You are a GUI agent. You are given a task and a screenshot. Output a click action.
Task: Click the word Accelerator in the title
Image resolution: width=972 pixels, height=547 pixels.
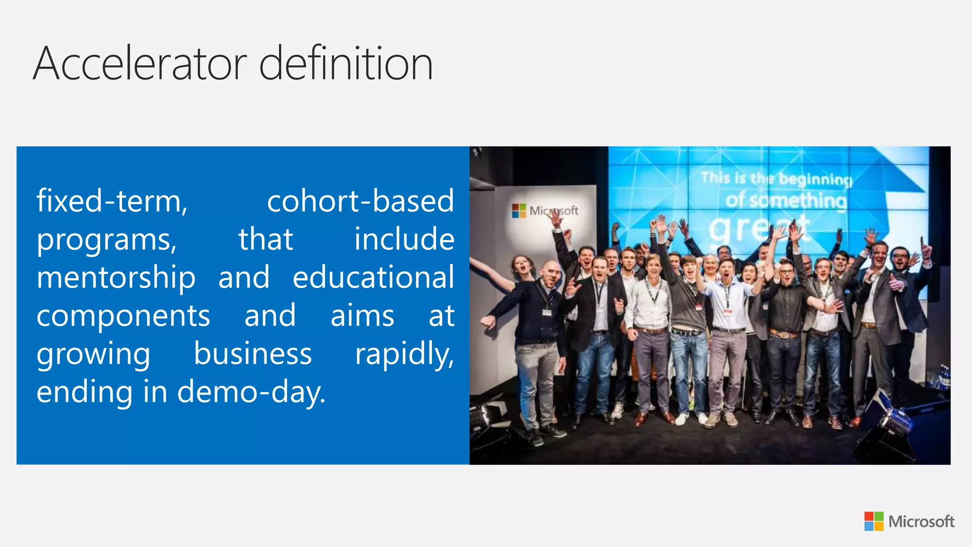(140, 64)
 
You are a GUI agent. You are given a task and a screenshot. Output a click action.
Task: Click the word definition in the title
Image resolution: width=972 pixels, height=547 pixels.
(346, 64)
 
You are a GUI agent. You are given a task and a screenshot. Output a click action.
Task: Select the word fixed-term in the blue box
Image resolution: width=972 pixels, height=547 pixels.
(112, 201)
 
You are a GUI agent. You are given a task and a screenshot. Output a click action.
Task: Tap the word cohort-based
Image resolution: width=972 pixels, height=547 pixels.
(360, 201)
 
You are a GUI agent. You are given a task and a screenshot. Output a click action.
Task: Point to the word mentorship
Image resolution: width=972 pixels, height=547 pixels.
(116, 278)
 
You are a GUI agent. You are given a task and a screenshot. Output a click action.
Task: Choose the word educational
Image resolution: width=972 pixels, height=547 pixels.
(374, 277)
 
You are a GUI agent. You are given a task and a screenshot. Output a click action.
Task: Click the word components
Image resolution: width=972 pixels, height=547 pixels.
(123, 316)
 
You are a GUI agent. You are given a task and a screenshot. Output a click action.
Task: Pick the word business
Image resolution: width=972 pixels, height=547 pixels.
(252, 354)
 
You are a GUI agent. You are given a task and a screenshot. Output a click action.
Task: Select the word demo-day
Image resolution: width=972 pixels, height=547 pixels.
(251, 393)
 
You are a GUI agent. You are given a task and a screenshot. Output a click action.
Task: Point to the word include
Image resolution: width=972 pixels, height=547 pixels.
(404, 239)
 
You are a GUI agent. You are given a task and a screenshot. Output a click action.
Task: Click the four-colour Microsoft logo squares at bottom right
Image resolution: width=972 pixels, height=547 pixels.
(874, 521)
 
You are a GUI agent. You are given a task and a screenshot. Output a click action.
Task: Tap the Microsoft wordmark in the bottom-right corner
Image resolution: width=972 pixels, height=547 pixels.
(921, 522)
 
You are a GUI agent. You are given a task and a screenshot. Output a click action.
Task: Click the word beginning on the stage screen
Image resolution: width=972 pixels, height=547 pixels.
(815, 179)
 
